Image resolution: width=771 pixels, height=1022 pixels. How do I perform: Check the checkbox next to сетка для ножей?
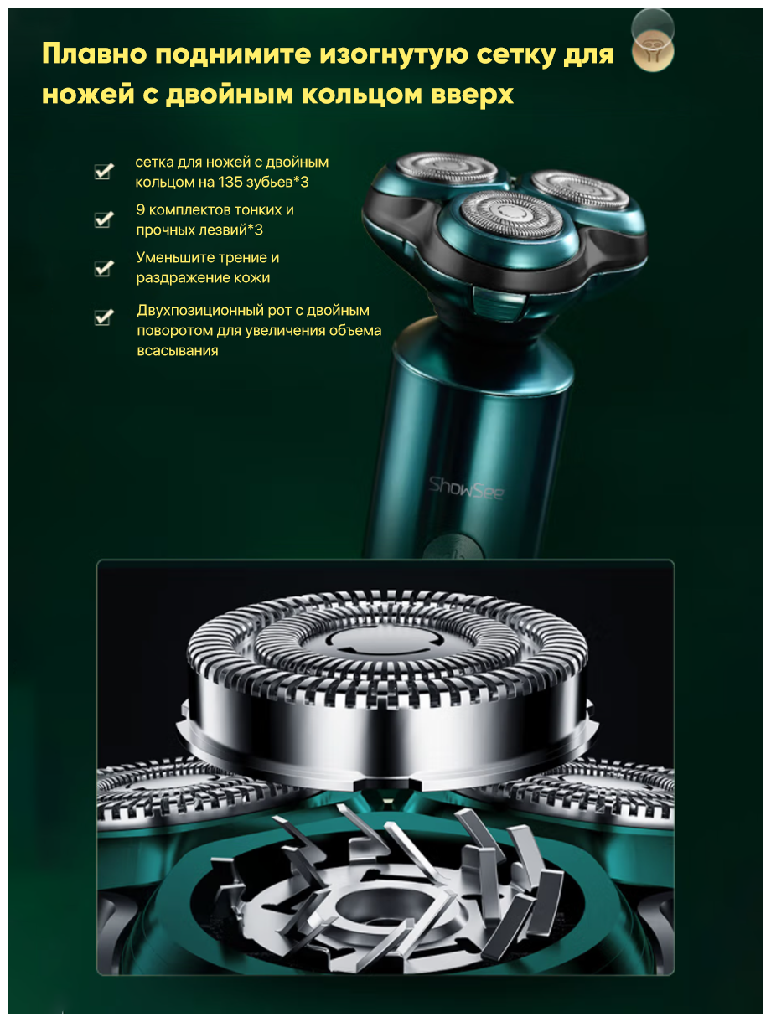coord(104,171)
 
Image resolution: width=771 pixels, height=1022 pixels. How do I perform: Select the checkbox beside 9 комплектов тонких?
coord(104,219)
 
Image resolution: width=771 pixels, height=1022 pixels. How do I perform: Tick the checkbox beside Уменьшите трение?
coord(104,268)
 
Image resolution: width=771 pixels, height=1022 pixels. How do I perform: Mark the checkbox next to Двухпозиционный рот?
coord(104,317)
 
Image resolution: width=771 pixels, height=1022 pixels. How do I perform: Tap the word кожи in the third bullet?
coord(253,277)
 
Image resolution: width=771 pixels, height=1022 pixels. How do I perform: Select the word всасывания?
coord(178,350)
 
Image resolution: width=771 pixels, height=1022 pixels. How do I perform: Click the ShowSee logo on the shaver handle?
coord(466,488)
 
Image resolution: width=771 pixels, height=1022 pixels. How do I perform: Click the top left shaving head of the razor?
coord(446,168)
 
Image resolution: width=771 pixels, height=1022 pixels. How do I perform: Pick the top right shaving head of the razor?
coord(580,189)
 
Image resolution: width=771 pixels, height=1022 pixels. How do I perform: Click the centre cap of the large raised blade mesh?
coord(387,642)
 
